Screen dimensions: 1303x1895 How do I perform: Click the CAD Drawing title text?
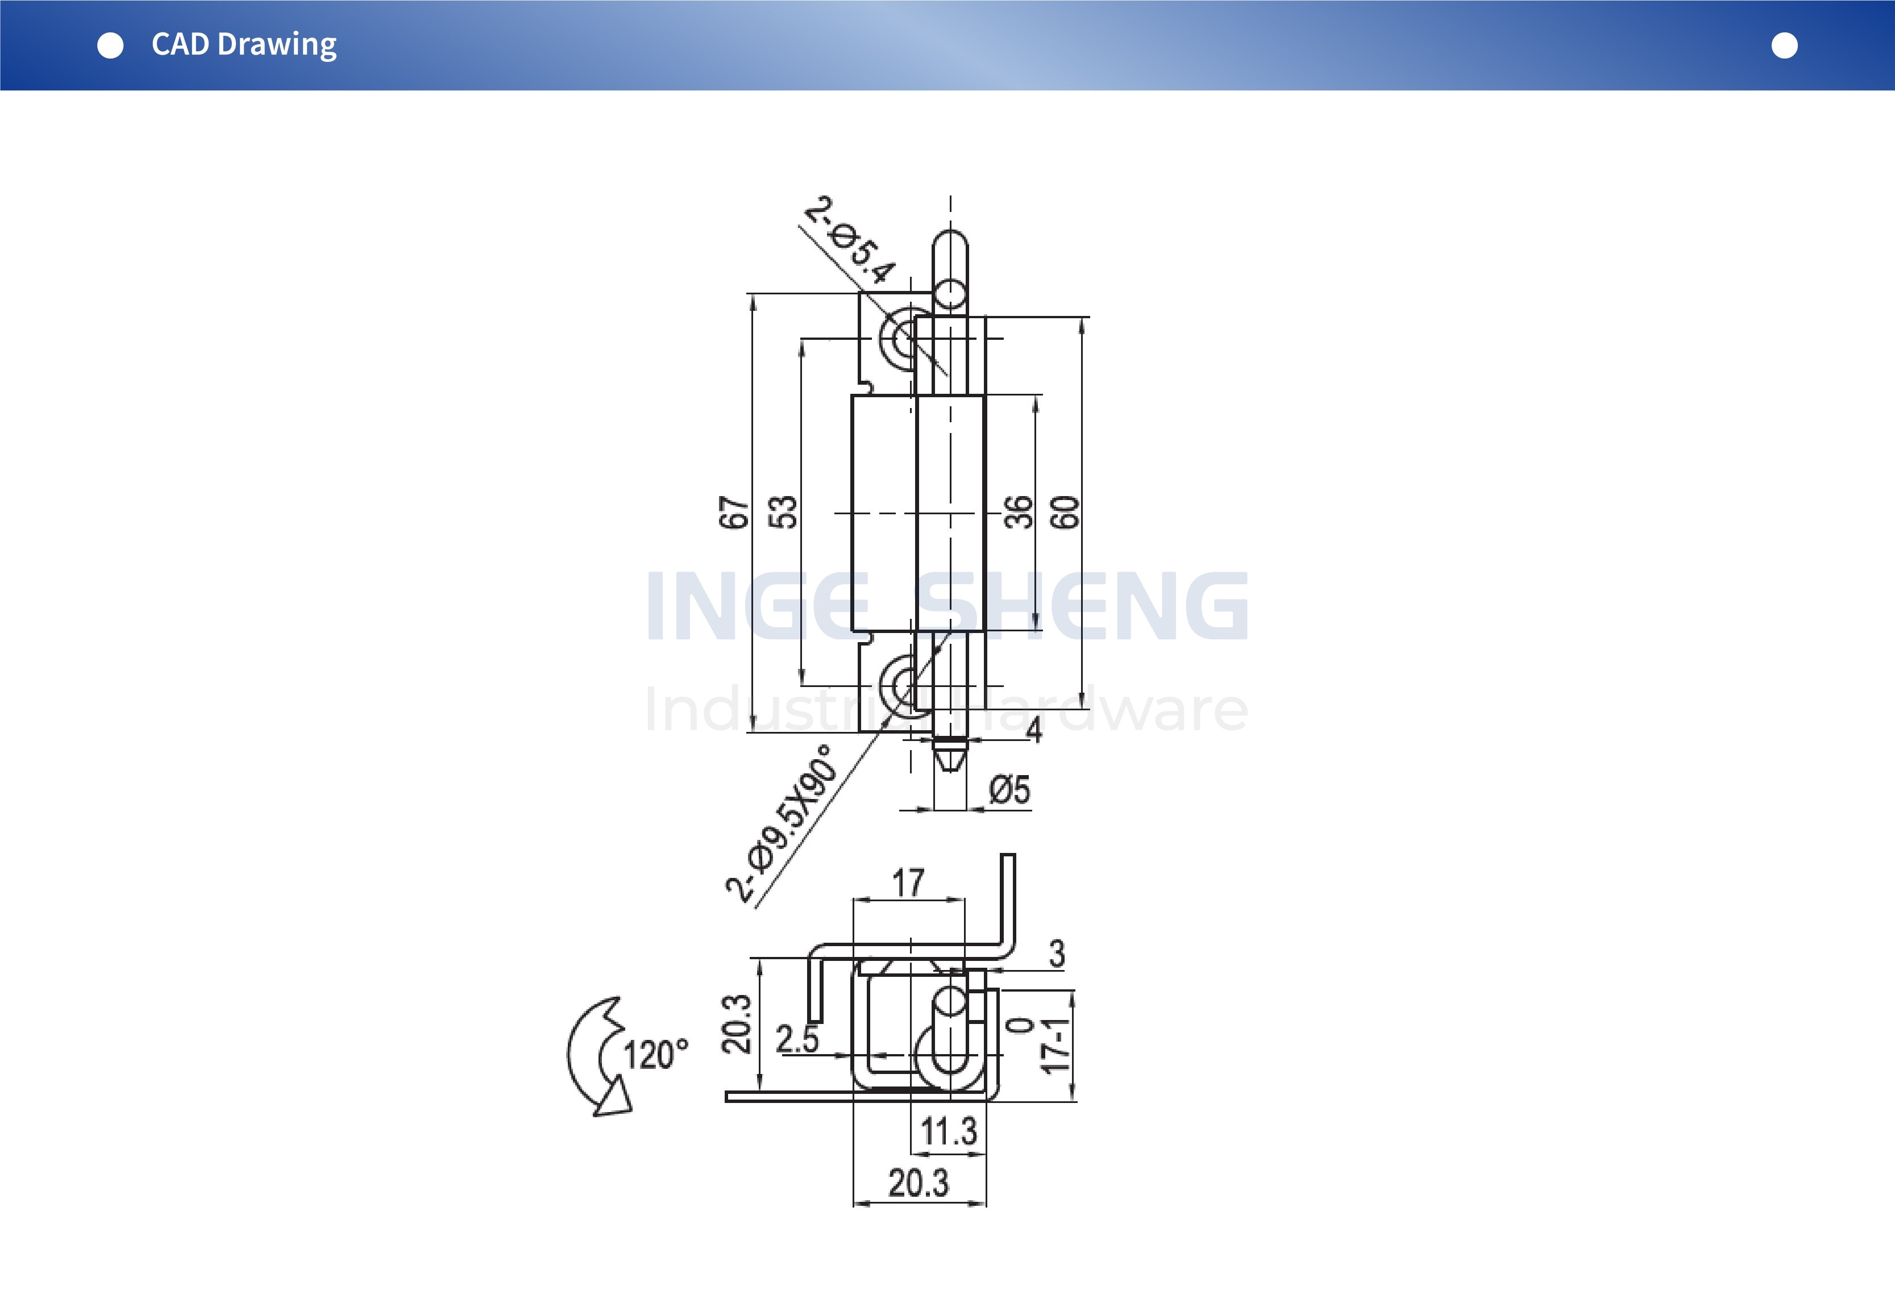point(243,45)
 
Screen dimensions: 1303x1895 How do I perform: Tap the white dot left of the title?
point(110,45)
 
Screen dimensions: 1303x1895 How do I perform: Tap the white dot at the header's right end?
point(1784,45)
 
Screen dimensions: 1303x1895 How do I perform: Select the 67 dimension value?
point(734,513)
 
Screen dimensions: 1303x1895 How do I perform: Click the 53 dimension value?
point(783,513)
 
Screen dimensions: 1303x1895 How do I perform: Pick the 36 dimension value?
point(1018,513)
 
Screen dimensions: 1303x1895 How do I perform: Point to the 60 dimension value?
point(1065,513)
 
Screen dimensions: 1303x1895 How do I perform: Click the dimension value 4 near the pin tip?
point(1034,730)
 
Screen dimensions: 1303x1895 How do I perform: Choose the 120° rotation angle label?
point(655,1055)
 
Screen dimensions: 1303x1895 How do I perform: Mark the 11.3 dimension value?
point(949,1131)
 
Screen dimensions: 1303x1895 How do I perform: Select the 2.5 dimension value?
point(797,1039)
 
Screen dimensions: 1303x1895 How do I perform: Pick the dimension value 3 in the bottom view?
point(1057,954)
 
